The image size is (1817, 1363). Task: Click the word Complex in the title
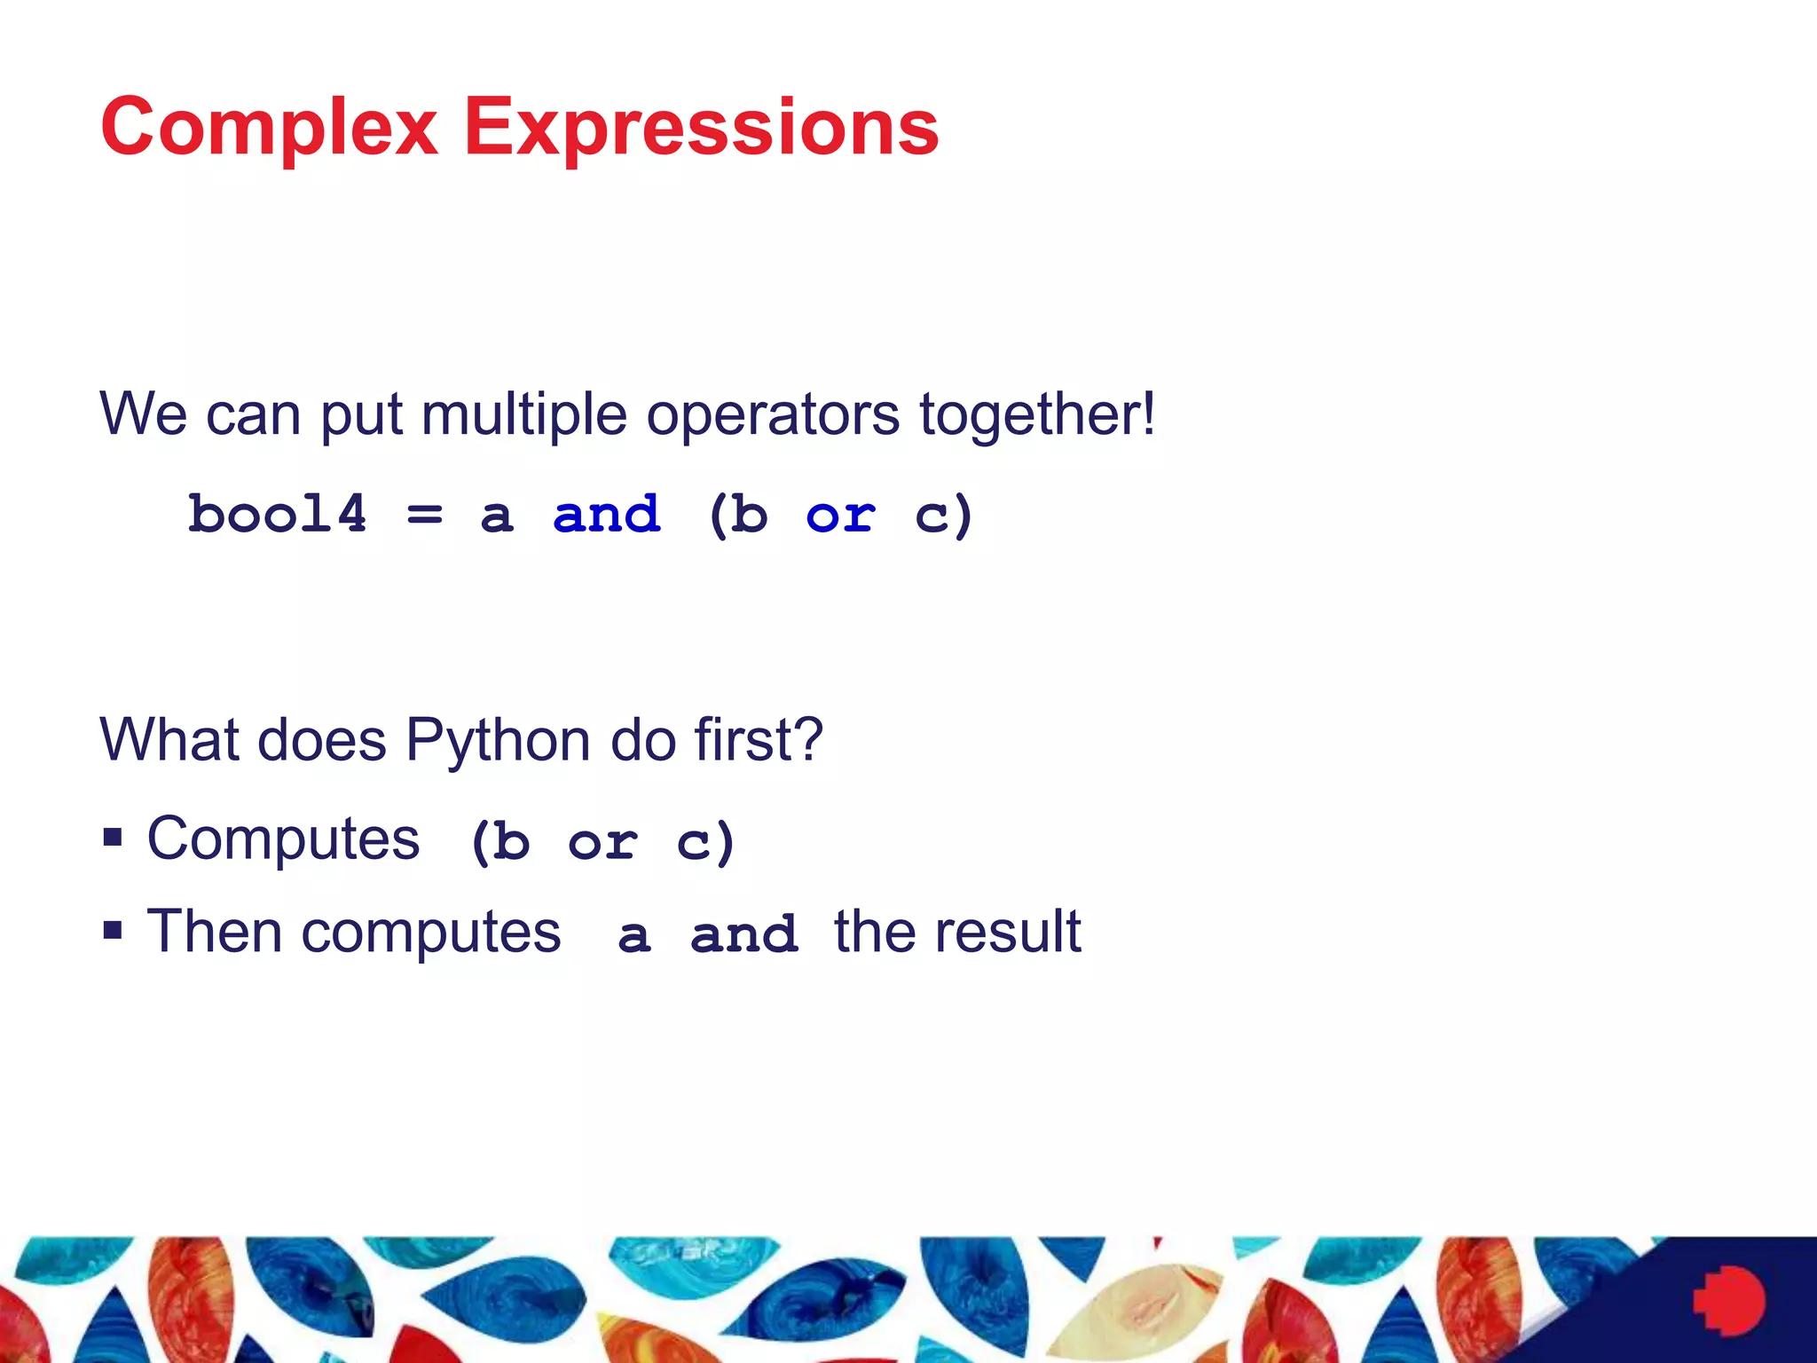[269, 129]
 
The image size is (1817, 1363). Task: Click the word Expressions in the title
[701, 129]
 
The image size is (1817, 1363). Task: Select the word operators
[772, 414]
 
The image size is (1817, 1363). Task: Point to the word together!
[1036, 414]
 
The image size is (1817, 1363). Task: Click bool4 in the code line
[277, 515]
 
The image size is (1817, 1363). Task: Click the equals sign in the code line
[424, 515]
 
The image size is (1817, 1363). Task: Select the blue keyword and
[607, 515]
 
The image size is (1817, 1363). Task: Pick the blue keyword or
[840, 515]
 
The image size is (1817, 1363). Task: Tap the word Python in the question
[498, 740]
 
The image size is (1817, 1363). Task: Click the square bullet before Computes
[113, 837]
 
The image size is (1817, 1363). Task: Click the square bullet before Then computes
[113, 930]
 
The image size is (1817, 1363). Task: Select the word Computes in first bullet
[283, 839]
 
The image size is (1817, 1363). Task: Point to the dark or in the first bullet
[602, 842]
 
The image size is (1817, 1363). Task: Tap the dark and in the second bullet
[744, 935]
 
